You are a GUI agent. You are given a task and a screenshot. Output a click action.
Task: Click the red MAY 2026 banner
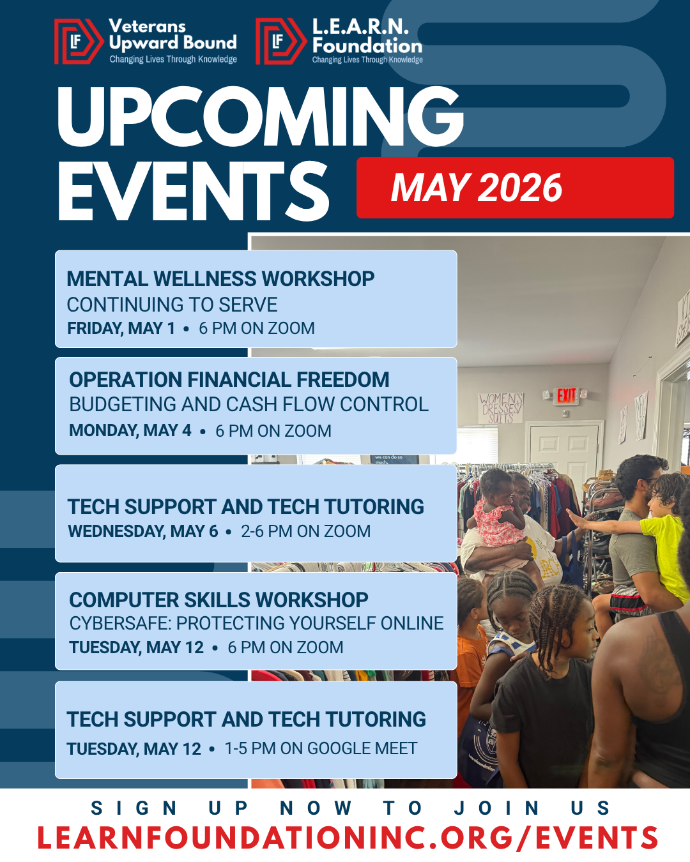(515, 188)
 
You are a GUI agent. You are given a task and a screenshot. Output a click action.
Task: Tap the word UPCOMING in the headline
(261, 116)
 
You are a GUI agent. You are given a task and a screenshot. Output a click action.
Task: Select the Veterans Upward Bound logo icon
(79, 42)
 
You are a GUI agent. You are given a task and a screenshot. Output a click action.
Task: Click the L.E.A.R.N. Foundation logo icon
(280, 42)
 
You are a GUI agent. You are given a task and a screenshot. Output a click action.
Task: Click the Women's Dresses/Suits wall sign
(501, 408)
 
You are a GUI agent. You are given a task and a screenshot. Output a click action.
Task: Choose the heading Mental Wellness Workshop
(220, 279)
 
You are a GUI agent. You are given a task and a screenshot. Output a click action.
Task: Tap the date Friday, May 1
(121, 328)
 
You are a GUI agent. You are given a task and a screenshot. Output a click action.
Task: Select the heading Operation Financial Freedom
(229, 380)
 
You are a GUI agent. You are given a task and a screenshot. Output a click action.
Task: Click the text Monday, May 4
(130, 430)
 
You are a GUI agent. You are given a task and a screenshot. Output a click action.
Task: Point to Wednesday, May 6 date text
(142, 531)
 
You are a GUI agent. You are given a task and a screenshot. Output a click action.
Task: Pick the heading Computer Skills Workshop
(218, 600)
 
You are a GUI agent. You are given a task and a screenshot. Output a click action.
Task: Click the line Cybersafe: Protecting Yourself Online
(257, 623)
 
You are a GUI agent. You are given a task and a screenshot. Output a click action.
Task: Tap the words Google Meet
(362, 748)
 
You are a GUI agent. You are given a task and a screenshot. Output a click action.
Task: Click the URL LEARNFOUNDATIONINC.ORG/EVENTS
(348, 838)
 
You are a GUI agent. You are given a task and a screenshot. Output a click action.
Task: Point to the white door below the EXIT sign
(564, 444)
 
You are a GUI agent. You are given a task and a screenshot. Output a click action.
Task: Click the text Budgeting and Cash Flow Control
(249, 405)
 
